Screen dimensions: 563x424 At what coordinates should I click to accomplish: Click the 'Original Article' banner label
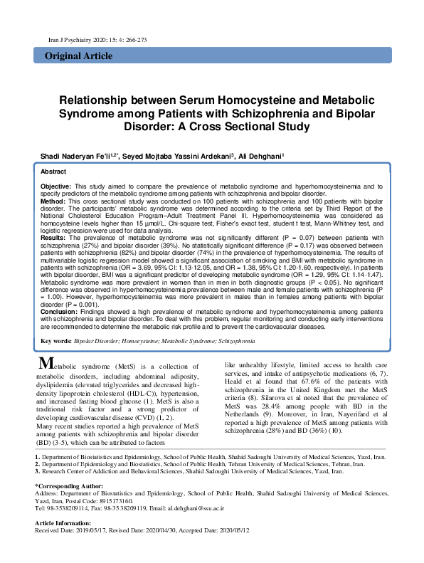click(75, 56)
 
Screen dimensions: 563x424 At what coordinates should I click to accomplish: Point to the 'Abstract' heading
click(53, 172)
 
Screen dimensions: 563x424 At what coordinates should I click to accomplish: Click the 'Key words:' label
click(55, 342)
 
